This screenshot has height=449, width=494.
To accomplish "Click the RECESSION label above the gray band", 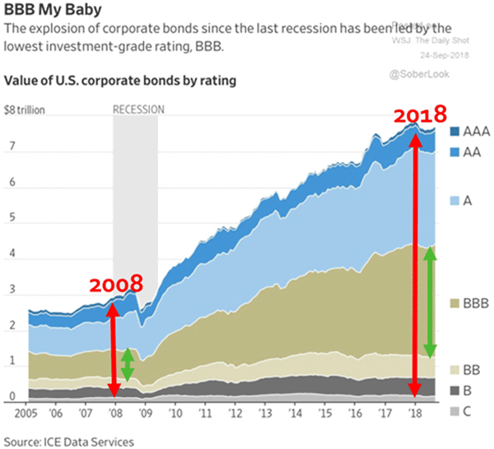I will (x=138, y=109).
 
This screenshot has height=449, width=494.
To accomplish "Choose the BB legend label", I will (x=475, y=369).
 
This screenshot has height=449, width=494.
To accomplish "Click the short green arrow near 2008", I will (x=127, y=366).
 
